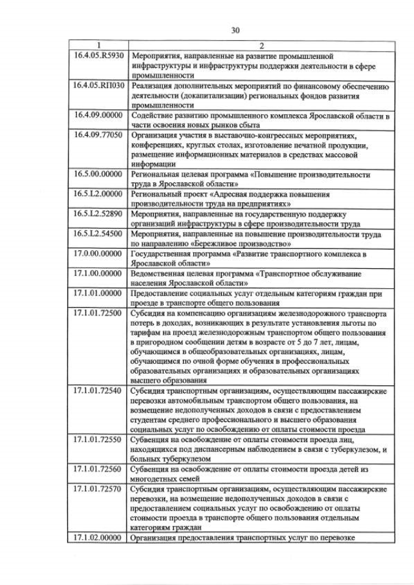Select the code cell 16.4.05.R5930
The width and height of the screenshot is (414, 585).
click(x=98, y=56)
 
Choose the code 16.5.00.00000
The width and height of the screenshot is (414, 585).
click(x=98, y=175)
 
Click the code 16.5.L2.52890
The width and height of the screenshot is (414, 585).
click(x=98, y=214)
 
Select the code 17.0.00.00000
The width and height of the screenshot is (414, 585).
click(x=98, y=254)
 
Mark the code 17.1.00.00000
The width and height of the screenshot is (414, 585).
click(x=98, y=273)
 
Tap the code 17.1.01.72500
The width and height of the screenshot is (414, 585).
click(x=98, y=313)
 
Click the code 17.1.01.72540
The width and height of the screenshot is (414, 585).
click(x=98, y=392)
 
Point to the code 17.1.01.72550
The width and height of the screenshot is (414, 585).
click(x=98, y=440)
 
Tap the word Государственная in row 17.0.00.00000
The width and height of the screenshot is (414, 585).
click(x=164, y=254)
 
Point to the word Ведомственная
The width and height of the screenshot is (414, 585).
click(x=160, y=273)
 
